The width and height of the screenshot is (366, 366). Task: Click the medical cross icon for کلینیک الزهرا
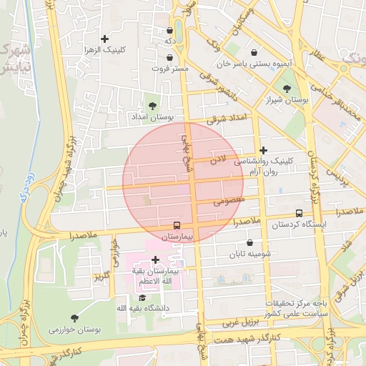coord(105,39)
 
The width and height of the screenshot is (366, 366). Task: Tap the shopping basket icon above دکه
coord(169,31)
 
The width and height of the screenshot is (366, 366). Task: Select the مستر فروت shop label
coord(170,69)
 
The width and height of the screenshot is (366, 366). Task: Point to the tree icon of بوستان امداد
coord(152,105)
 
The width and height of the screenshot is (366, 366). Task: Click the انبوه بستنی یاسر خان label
coord(257,64)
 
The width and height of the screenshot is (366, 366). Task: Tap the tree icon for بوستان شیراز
coord(287,89)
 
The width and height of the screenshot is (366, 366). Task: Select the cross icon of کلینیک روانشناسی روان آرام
coord(264,151)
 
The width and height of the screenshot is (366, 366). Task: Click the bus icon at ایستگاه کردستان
coord(299,213)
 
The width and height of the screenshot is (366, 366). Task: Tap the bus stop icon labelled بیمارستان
coord(177,225)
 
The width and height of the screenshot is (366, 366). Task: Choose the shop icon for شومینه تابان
coord(250,242)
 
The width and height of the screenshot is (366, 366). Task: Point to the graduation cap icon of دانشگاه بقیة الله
coord(142,297)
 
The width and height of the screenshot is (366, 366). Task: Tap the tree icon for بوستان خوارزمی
coord(75,317)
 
